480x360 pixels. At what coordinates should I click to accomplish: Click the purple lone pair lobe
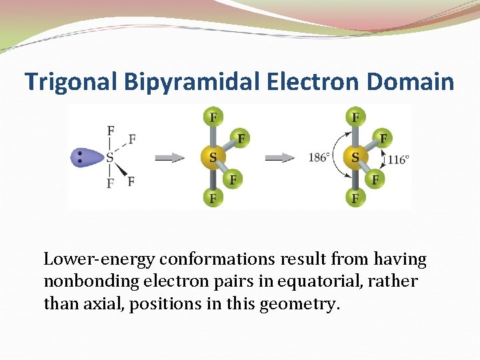click(x=85, y=158)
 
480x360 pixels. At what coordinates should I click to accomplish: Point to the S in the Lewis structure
click(x=109, y=158)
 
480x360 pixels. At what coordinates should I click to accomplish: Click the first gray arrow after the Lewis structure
click(x=170, y=158)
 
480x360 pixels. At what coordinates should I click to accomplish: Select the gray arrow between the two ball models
click(x=280, y=158)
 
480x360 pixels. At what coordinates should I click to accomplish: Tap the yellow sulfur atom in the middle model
click(x=213, y=158)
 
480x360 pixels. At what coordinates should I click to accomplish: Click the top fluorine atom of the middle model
click(x=213, y=118)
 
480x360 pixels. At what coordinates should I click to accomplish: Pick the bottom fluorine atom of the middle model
click(x=213, y=197)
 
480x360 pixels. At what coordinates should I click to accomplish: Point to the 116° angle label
click(x=398, y=159)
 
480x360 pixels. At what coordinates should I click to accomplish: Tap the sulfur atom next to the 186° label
click(x=355, y=158)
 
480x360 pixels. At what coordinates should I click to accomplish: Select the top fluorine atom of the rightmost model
click(x=355, y=118)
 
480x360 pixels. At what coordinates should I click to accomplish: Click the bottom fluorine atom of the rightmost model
click(x=355, y=197)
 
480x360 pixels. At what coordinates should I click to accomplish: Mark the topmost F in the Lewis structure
click(x=110, y=130)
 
